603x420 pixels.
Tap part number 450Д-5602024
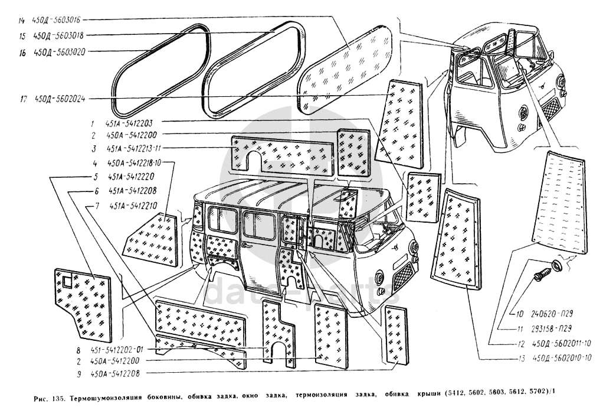[61, 99]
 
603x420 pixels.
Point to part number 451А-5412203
[130, 124]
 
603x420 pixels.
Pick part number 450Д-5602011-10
[561, 344]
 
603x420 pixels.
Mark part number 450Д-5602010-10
[561, 357]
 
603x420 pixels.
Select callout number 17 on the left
[22, 99]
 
